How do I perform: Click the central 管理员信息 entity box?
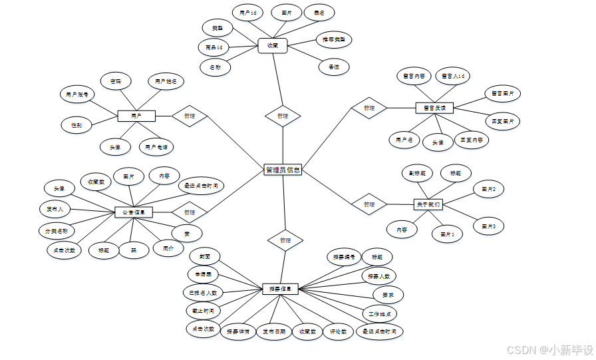tap(283, 170)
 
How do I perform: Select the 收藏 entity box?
tap(273, 46)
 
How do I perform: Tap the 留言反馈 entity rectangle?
tap(434, 107)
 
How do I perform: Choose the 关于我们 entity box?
tap(428, 204)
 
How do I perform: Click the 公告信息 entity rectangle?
tap(134, 212)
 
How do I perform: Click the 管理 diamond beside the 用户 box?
tap(189, 116)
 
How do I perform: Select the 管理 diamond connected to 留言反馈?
tap(369, 108)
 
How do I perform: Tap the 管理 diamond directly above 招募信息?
tap(285, 240)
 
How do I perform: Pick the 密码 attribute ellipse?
tap(116, 81)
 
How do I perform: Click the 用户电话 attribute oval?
tap(156, 146)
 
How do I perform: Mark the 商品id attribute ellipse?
tap(214, 47)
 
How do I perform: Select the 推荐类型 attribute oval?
tap(334, 39)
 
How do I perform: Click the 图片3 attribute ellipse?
tap(489, 227)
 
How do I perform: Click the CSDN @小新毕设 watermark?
tap(549, 349)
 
